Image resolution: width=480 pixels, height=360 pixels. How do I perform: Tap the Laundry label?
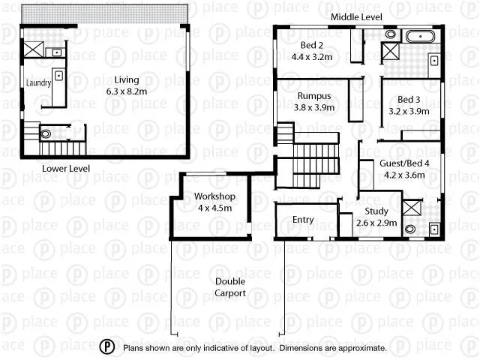point(38,83)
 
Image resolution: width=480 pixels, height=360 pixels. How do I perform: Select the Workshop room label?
point(215,196)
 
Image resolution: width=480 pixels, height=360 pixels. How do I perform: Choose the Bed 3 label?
point(409,100)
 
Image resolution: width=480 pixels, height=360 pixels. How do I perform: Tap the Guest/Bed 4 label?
point(404,163)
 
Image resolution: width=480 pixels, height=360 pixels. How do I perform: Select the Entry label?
point(303,220)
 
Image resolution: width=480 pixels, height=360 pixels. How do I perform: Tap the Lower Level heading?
point(66,169)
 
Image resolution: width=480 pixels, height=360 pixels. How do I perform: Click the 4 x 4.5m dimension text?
point(215,208)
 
